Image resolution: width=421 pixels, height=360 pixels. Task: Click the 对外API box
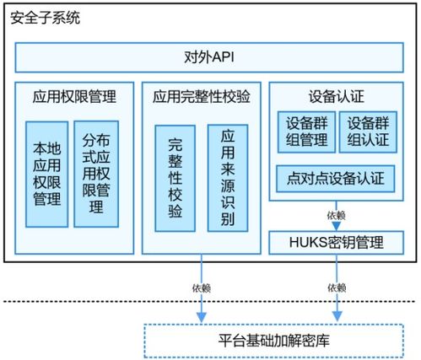coord(209,57)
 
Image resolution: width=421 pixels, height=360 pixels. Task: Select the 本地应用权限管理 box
coord(46,175)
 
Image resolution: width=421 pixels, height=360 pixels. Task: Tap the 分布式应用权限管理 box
coord(96,174)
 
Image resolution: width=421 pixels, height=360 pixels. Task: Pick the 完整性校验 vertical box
coord(175,178)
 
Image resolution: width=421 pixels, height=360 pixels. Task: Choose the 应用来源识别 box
coord(228,178)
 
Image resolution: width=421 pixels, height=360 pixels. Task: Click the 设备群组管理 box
coord(306,132)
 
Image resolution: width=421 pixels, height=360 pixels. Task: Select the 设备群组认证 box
coord(368,132)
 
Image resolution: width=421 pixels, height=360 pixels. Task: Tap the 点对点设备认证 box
coord(336,179)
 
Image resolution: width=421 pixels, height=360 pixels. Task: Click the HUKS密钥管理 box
coord(337,243)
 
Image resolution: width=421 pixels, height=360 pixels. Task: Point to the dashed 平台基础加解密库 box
coord(274,341)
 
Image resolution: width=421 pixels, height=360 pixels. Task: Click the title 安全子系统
coord(45,18)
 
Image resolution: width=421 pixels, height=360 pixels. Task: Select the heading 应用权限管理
coord(74,96)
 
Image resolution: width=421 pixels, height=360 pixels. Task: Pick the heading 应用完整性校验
coord(202,96)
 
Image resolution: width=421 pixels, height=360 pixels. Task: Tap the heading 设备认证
coord(337,96)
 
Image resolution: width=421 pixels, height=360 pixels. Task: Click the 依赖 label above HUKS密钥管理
coord(337,216)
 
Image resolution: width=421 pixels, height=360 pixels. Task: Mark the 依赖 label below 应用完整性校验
coord(202,288)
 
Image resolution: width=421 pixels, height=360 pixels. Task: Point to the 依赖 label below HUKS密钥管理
coord(337,287)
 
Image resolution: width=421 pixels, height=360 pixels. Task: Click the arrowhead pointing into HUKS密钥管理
coord(337,226)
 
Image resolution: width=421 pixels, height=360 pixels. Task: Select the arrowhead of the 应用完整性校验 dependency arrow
coord(202,317)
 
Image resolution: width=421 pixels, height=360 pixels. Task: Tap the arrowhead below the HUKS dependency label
coord(337,316)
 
